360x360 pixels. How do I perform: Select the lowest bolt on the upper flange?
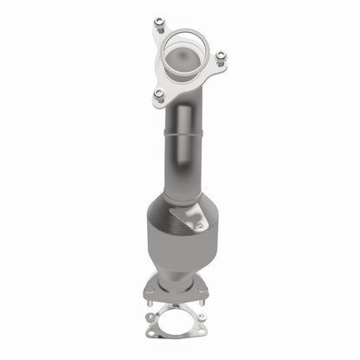click(x=158, y=93)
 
